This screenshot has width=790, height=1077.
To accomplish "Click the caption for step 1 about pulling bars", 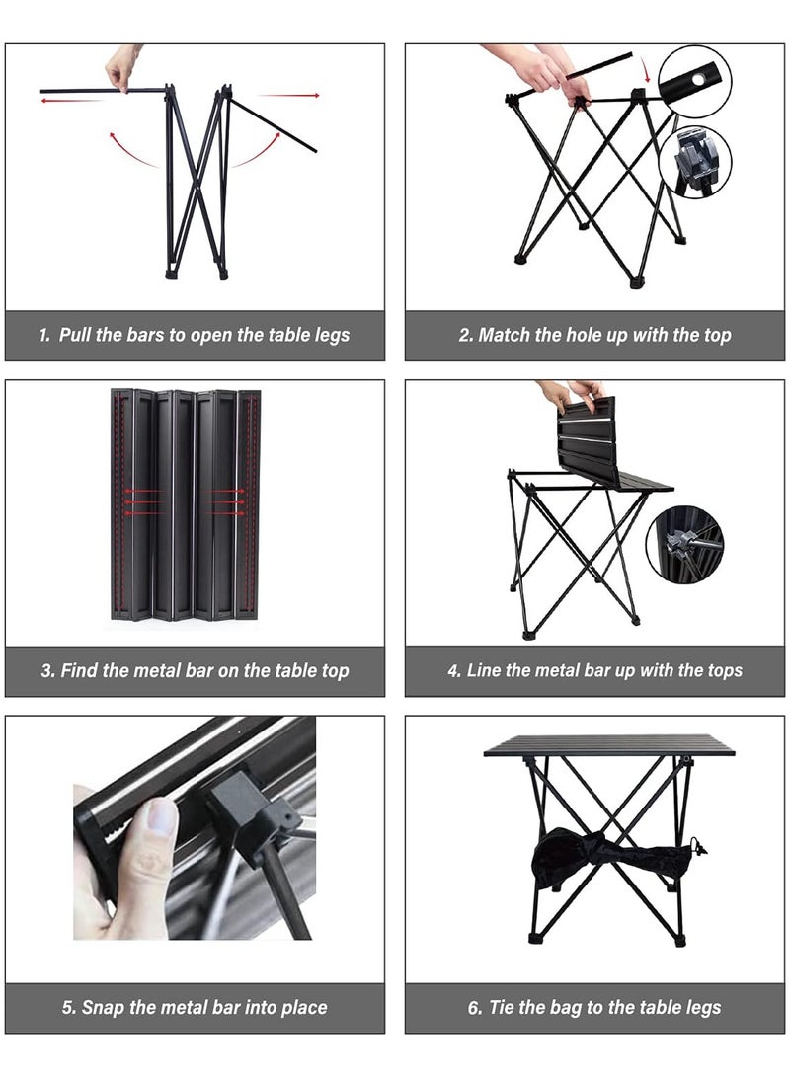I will coord(195,335).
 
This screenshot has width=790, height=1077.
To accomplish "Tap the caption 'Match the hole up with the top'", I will coord(594,335).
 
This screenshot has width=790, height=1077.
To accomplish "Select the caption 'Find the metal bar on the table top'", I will coord(195,671).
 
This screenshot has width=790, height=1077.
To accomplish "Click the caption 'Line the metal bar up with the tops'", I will coord(594,671).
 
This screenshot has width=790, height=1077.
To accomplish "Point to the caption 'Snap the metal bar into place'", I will coord(195,1008).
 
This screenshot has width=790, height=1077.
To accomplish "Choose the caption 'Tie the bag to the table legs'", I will coord(594,1008).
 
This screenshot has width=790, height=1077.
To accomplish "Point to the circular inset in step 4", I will coord(684,542).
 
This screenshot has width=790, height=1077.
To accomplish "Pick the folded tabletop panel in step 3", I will coord(186,504).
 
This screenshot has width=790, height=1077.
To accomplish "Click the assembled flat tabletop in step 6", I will coord(609,745).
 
